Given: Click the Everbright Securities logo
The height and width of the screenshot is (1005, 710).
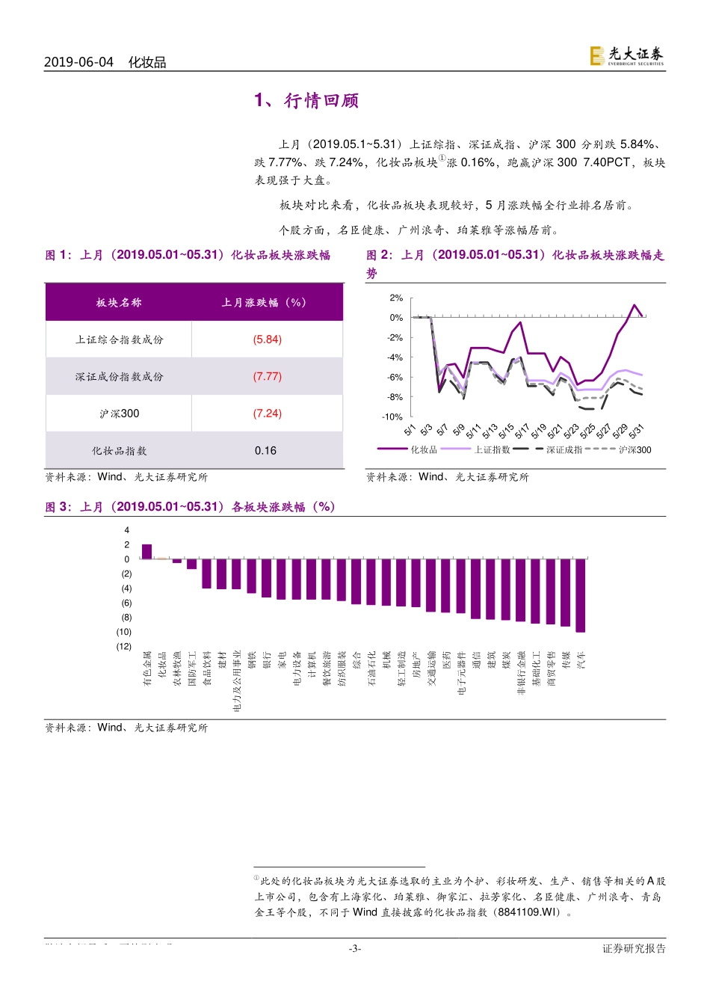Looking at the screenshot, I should point(626,55).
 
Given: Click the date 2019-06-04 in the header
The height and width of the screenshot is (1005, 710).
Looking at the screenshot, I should point(78,62).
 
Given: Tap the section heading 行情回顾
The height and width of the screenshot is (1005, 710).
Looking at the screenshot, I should point(321,101).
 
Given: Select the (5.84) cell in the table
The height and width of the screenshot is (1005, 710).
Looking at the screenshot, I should point(267,339).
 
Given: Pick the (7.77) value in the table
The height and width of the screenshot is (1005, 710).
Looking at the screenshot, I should point(267,376).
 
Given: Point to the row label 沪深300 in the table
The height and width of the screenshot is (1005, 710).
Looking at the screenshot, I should point(119,414).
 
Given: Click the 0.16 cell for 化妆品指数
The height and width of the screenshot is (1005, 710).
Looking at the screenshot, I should point(265,451).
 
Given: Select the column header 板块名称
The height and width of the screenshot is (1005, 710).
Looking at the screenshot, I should point(119,303).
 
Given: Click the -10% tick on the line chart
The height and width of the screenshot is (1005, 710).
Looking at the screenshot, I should point(392,417).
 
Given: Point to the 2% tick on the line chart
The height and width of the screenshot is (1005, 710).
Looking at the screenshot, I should point(396,298).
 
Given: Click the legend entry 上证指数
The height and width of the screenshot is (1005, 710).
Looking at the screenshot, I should point(492,449).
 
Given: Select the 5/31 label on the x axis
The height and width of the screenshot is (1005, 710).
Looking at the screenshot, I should point(636,431).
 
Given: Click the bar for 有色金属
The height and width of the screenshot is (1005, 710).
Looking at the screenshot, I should point(146,552).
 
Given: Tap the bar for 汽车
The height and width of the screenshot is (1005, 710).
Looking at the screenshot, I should point(581,595).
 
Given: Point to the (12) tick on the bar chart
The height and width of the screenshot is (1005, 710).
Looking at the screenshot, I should point(123,647).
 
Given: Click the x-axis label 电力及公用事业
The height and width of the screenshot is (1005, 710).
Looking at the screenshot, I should point(237,680).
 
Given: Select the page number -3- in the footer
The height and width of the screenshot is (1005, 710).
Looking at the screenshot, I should point(355,949).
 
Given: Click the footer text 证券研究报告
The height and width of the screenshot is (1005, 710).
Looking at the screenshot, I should point(634,949).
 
